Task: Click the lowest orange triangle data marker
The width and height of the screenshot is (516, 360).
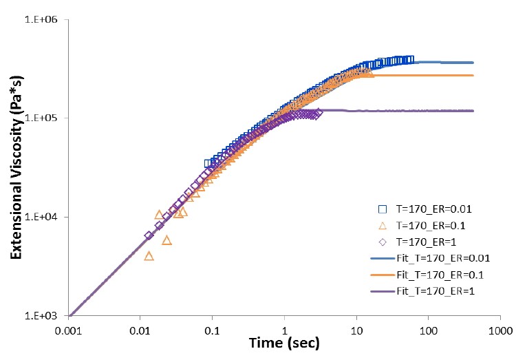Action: [149, 256]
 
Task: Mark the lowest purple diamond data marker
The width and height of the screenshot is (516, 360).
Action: [149, 235]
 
